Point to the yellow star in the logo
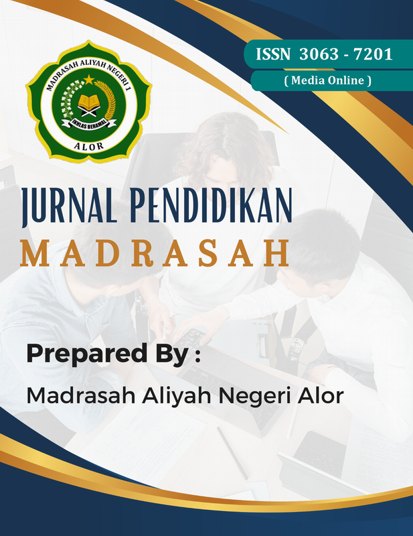pos(88,80)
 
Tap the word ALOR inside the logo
pos(88,143)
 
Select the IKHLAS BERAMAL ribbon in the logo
pos(89,122)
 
